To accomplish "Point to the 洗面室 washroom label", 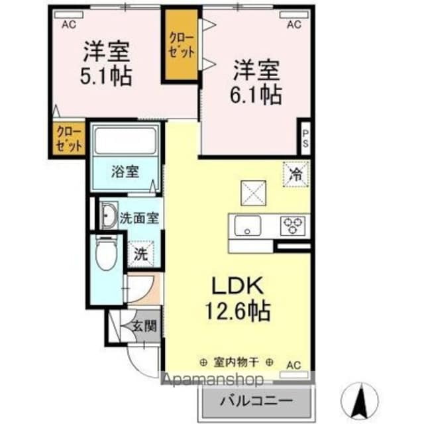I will coord(138,218).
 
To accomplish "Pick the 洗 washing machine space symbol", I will coord(140,252).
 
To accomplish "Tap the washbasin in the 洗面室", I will coord(107,216).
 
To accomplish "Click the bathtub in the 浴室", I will coord(125,140).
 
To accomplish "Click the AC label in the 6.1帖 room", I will coord(294,25).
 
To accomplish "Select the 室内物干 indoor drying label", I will coord(237,362).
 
